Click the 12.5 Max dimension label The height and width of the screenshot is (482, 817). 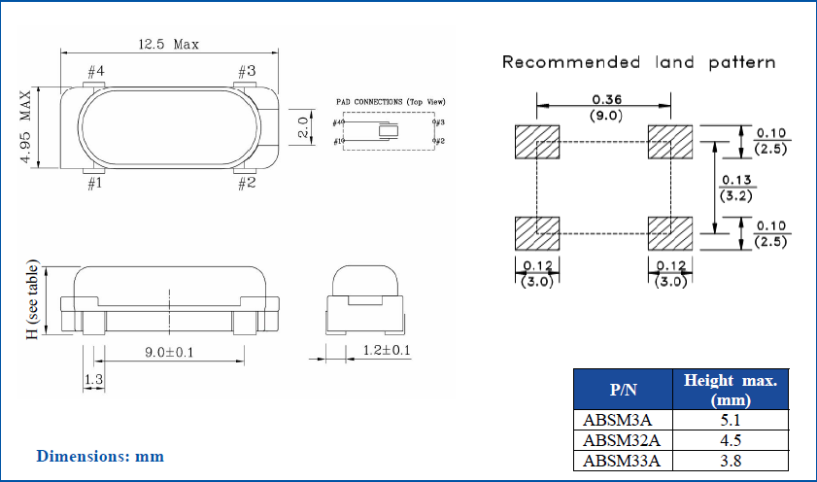pos(169,45)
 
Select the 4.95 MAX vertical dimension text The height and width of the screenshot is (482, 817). pos(26,129)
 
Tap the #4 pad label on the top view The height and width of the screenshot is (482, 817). pos(96,71)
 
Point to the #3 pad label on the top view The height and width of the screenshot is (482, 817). pos(246,71)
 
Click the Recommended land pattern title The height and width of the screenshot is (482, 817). pos(637,62)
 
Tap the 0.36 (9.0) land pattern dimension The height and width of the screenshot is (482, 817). pos(607,106)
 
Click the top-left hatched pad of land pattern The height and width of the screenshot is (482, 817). pos(537,141)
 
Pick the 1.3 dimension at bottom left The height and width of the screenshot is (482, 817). pos(94,379)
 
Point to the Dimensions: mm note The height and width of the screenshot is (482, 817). pos(100,456)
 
